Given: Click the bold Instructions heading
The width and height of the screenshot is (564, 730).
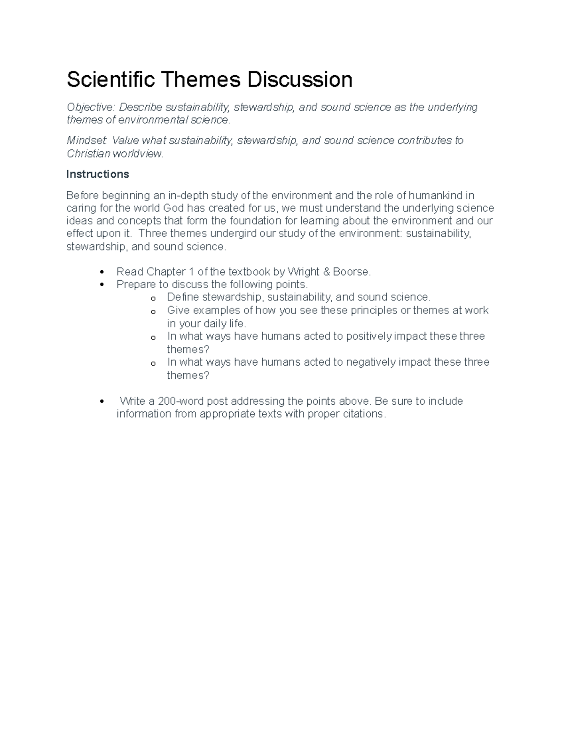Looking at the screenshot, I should [x=98, y=174].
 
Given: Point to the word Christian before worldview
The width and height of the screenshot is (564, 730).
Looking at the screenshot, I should [x=88, y=154].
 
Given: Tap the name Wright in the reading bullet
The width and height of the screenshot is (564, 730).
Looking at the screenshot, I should [x=303, y=272].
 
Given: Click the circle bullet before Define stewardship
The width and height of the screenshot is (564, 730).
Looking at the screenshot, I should [x=153, y=298].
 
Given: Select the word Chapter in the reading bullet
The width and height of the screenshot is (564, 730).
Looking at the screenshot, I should [x=166, y=272].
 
